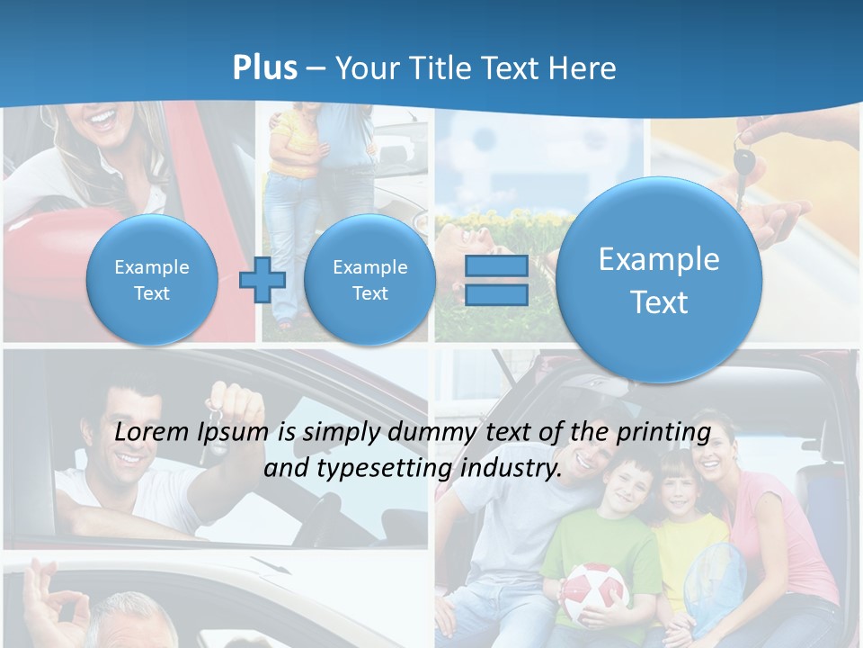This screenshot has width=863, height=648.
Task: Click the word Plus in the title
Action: click(x=264, y=68)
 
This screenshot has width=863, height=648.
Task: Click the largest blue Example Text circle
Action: click(x=659, y=280)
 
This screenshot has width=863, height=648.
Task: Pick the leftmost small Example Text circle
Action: click(x=152, y=280)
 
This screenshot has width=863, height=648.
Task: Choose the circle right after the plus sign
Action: click(x=369, y=280)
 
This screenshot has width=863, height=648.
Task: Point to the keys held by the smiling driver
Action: click(x=214, y=423)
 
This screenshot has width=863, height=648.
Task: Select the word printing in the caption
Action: click(x=663, y=432)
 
